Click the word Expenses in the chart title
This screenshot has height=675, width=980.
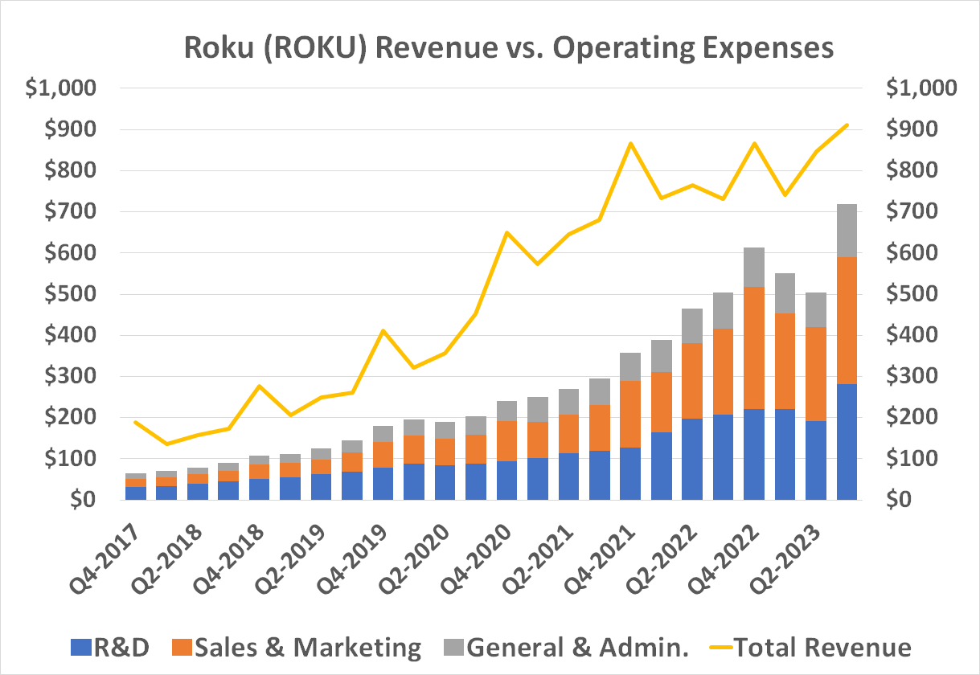(x=756, y=47)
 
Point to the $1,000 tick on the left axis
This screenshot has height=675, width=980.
(x=61, y=88)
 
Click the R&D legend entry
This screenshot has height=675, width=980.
(x=121, y=648)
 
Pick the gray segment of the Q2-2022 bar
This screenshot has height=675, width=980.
(x=692, y=325)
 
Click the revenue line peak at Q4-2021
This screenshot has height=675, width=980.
(x=630, y=144)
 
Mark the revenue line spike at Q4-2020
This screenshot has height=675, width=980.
(x=506, y=233)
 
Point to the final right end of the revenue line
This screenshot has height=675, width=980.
(x=847, y=125)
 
